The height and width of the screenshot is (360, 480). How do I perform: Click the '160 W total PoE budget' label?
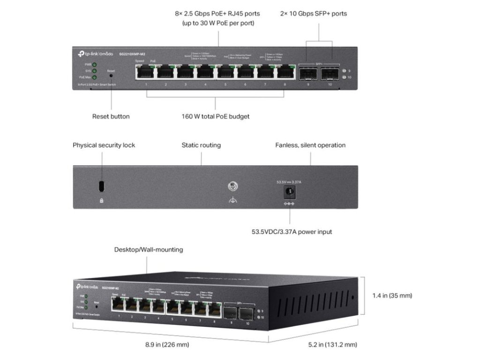[215, 116]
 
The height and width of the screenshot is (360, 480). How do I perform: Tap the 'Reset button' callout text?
[111, 116]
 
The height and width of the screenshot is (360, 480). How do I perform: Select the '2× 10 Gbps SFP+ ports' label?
[319, 14]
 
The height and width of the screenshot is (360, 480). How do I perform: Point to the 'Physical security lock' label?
[104, 145]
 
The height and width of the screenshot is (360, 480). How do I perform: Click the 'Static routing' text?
[201, 145]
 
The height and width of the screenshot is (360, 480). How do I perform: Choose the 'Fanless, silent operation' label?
[310, 145]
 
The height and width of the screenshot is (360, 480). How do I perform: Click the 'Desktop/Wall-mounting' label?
[149, 250]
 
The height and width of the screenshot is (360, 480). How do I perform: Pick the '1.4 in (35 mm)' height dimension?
[392, 296]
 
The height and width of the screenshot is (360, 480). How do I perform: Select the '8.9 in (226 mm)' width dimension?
[167, 345]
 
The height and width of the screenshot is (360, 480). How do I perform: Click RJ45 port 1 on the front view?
[146, 72]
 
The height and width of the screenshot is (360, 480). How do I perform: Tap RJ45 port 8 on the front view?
[284, 72]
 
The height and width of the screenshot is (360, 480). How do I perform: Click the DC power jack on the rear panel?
[290, 191]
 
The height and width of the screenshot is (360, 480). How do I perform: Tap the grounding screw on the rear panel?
[231, 187]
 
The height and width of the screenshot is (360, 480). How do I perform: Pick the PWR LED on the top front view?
[95, 64]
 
